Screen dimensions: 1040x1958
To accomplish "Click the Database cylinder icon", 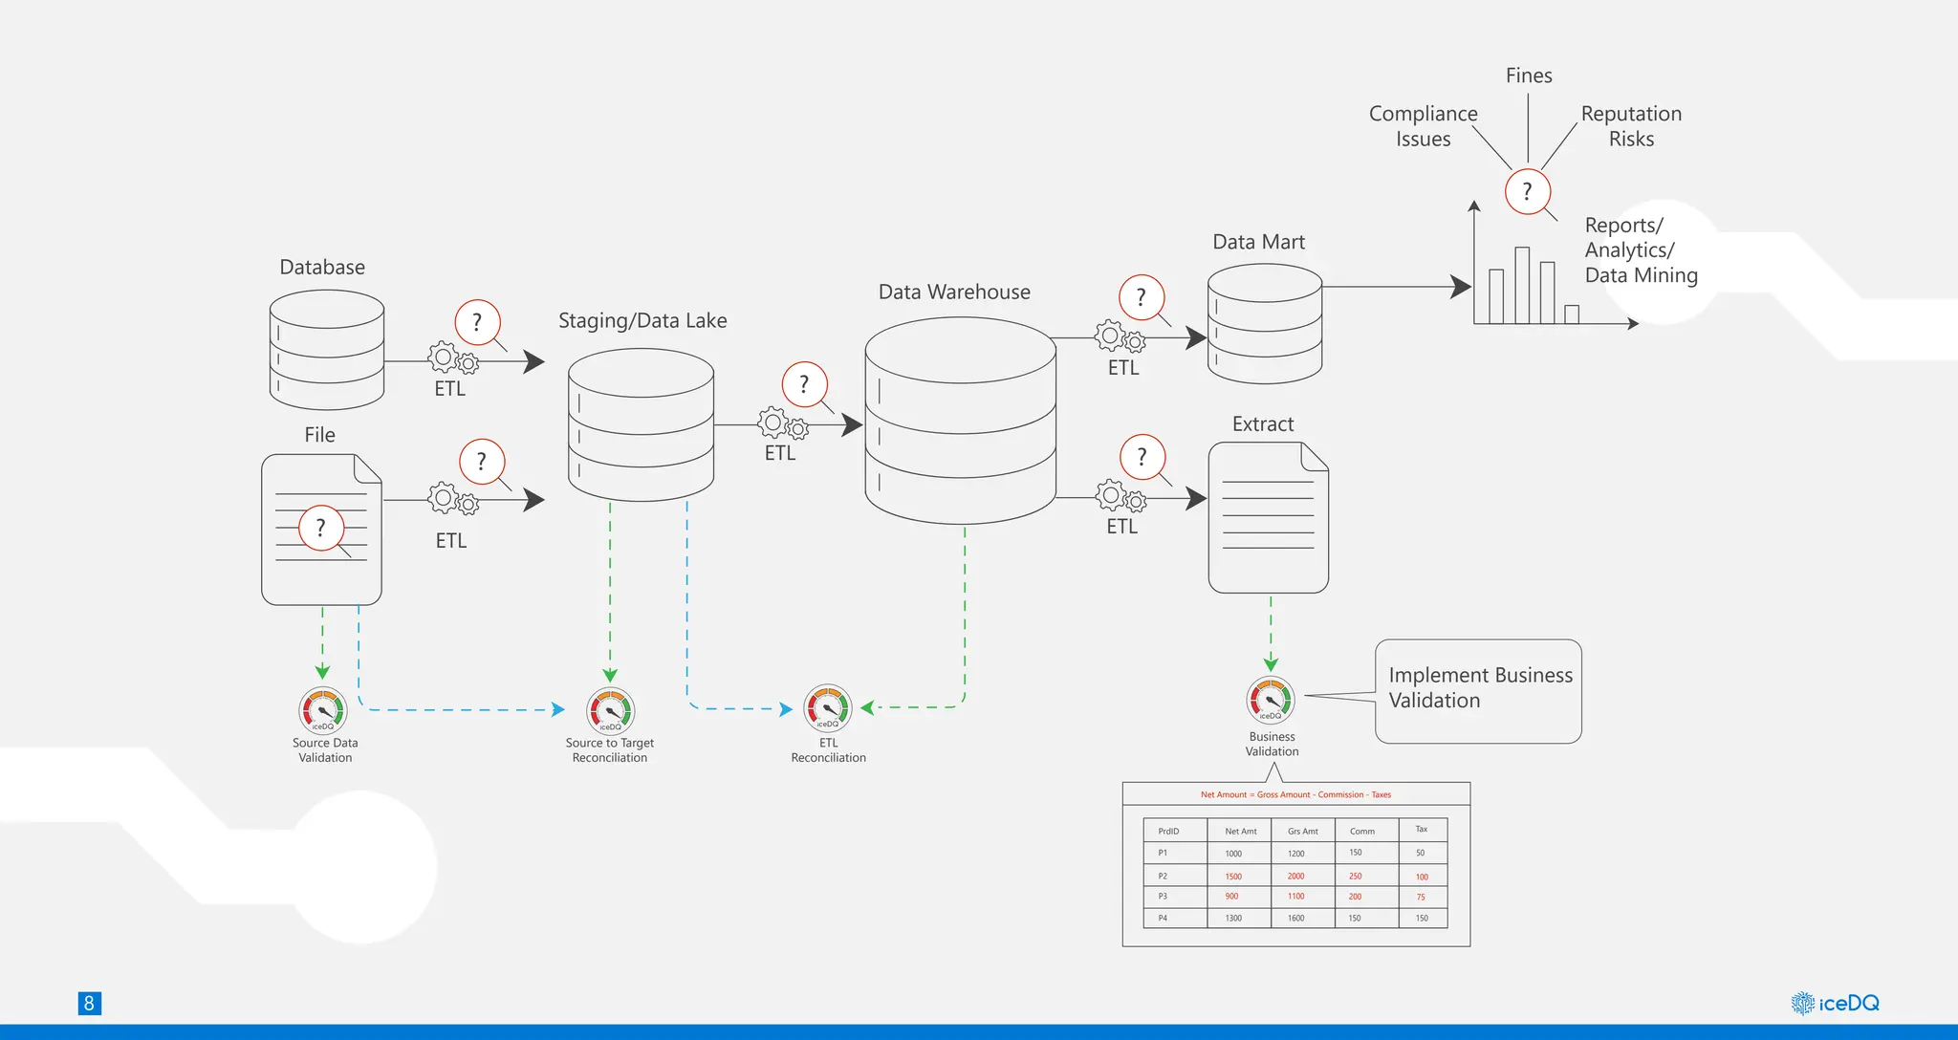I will click(x=326, y=350).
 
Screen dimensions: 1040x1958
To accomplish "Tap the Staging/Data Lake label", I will click(x=642, y=321).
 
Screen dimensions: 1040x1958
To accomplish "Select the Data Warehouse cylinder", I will click(x=960, y=422).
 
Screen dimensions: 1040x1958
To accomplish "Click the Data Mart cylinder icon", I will click(x=1264, y=324).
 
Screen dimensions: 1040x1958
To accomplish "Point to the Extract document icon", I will click(x=1268, y=518).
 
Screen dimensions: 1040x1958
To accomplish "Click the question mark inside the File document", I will click(x=320, y=528).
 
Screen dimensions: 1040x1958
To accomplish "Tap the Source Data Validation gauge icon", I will click(x=323, y=711).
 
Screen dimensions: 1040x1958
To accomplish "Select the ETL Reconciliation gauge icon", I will click(x=828, y=708).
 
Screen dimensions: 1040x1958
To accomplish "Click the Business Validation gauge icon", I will click(x=1271, y=701).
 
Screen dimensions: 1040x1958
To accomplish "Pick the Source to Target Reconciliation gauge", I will click(x=610, y=711).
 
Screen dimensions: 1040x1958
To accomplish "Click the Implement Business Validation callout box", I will click(x=1478, y=690).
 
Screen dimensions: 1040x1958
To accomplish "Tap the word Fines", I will click(x=1528, y=76).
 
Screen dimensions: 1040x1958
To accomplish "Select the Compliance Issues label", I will click(x=1423, y=126).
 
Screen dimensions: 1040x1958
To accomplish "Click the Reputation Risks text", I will click(x=1631, y=126).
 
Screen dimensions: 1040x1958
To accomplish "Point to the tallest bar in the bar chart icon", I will click(x=1522, y=285).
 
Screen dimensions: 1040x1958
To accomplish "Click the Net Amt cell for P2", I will click(x=1233, y=876).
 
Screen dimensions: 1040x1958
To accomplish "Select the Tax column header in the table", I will click(x=1421, y=829).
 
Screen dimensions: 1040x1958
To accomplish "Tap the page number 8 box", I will click(x=89, y=1003).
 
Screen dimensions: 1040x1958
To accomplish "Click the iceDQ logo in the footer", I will click(x=1835, y=1003).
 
